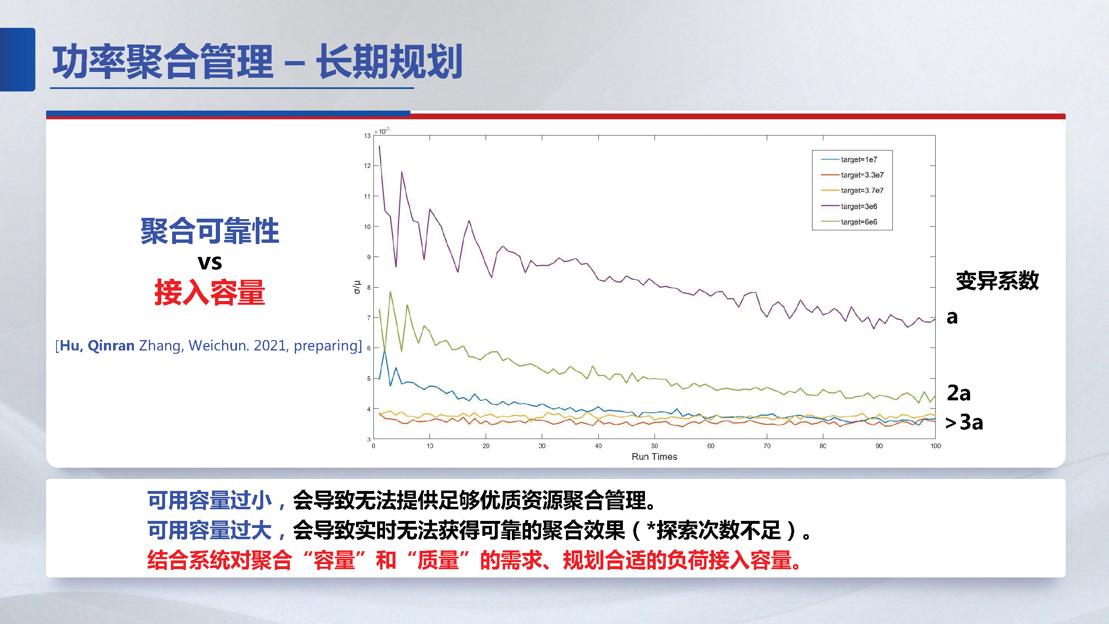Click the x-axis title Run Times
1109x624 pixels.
point(654,456)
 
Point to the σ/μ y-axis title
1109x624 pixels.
point(356,287)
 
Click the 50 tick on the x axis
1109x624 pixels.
point(654,446)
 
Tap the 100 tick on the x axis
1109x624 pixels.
point(935,446)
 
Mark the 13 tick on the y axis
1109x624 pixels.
point(367,136)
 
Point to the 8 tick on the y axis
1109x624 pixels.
point(368,287)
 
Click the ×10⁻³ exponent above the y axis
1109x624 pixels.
point(381,131)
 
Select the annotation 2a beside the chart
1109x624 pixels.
point(958,393)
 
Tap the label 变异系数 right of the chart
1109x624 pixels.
point(997,281)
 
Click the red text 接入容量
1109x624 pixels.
point(210,293)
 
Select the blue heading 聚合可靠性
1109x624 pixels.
point(210,231)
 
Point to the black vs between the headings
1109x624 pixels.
point(210,262)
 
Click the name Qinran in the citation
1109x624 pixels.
point(111,345)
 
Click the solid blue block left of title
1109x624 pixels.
point(17,59)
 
